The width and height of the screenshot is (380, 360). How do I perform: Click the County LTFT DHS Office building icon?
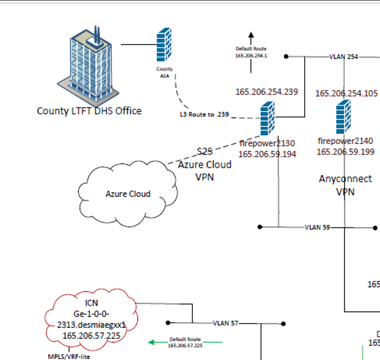tap(89, 62)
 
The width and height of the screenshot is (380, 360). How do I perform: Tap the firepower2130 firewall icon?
tap(267, 118)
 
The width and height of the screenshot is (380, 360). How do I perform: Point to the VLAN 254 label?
tap(344, 57)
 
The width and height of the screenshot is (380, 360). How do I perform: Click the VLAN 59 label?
tap(317, 228)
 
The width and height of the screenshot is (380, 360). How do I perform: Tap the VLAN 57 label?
tap(226, 323)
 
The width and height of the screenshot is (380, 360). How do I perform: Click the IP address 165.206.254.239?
tap(267, 92)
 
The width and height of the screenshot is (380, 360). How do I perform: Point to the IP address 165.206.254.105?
tap(346, 94)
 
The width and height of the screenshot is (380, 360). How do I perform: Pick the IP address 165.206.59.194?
tap(267, 154)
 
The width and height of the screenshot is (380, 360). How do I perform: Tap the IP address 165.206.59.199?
tap(345, 152)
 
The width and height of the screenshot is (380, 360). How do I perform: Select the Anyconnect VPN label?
tap(345, 185)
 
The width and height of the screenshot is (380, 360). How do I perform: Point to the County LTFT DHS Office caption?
tap(89, 111)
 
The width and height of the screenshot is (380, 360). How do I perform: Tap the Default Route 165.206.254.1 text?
tap(251, 52)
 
